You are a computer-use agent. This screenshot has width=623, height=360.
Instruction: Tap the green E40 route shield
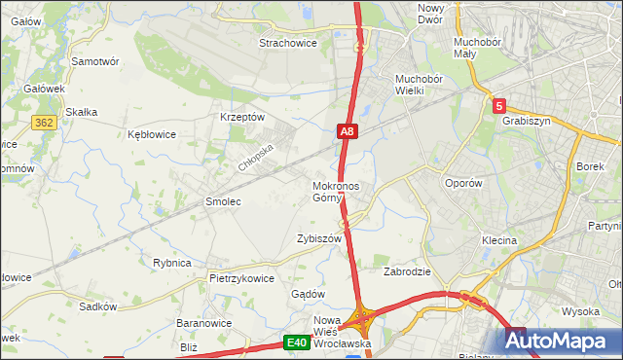click(x=297, y=342)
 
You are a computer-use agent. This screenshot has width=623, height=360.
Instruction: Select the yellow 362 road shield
click(x=42, y=122)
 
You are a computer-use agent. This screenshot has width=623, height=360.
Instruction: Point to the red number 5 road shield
click(x=498, y=105)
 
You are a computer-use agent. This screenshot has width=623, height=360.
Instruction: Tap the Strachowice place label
click(x=289, y=43)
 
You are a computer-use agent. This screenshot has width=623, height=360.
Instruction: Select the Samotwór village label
click(x=95, y=60)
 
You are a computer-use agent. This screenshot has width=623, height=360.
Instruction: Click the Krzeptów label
click(x=242, y=117)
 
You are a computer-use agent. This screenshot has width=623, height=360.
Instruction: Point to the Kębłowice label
click(x=152, y=135)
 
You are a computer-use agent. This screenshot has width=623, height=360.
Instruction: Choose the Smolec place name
click(x=222, y=201)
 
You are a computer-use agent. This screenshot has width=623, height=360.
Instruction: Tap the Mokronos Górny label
click(x=336, y=192)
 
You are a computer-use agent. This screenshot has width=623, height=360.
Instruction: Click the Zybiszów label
click(x=318, y=238)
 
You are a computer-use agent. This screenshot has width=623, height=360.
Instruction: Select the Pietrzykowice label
click(x=241, y=277)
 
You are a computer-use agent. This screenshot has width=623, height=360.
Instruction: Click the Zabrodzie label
click(x=407, y=271)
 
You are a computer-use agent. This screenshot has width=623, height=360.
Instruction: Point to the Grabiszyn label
click(x=527, y=122)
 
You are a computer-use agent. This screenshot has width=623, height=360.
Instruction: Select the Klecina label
click(x=498, y=239)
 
